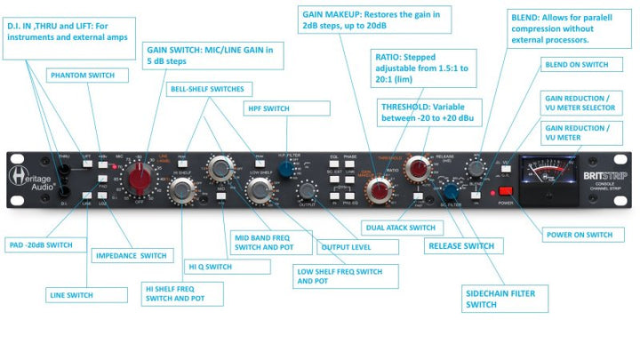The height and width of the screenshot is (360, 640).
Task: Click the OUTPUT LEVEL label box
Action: [x=347, y=247]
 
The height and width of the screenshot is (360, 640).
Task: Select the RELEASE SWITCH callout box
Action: [x=463, y=247]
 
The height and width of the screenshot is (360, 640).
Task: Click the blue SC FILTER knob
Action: [x=452, y=192]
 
